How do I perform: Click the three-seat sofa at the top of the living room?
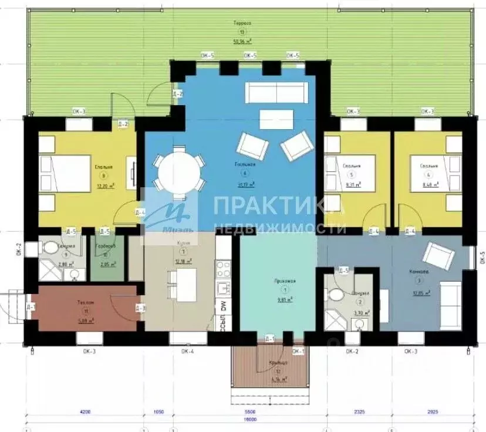click(276, 92)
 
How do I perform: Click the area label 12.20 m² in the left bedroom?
click(104, 185)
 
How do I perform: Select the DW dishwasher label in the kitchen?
click(222, 306)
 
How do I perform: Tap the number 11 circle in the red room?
click(86, 310)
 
